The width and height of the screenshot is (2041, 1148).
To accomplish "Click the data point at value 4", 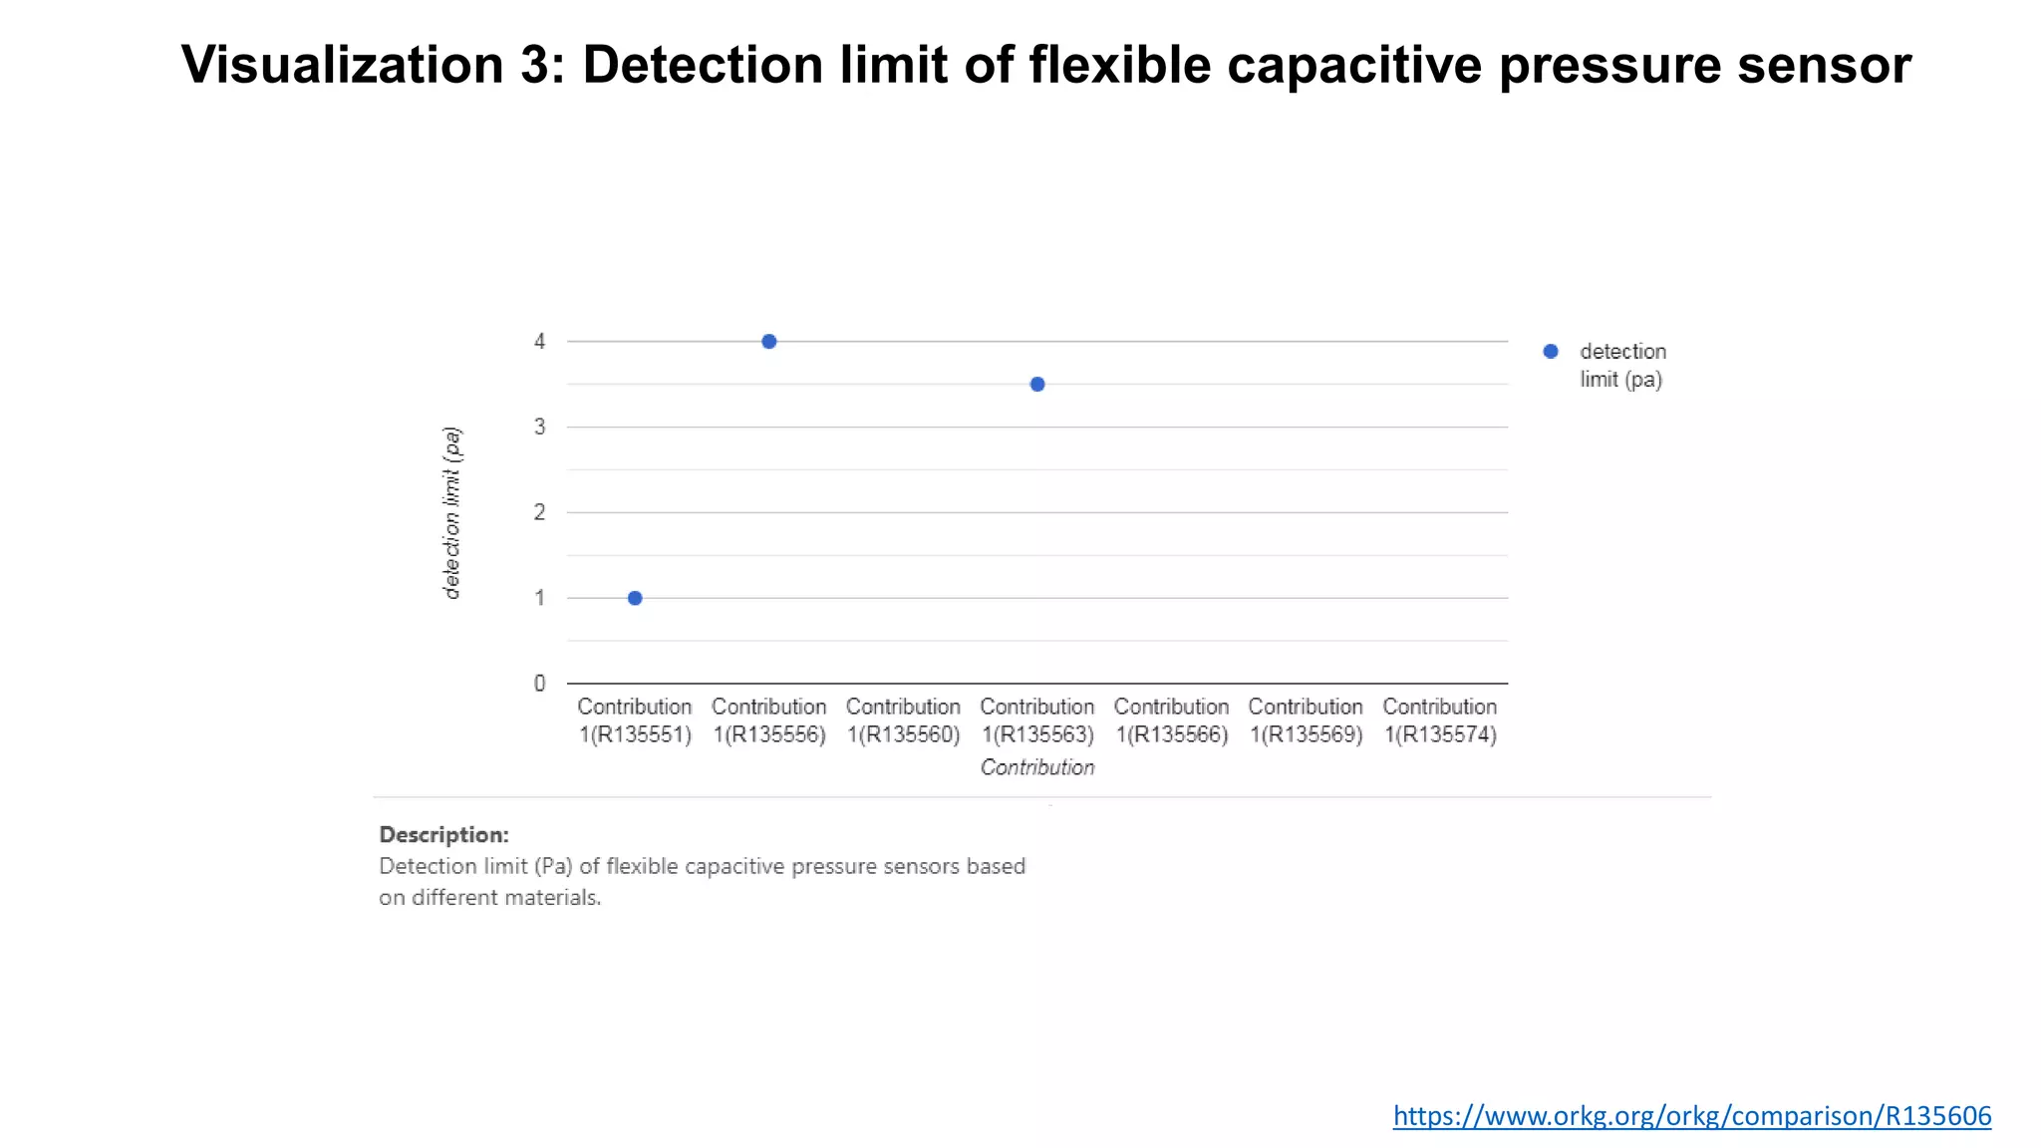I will [768, 342].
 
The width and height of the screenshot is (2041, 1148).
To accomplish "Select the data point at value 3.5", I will [1036, 385].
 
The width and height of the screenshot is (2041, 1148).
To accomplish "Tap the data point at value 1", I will [635, 598].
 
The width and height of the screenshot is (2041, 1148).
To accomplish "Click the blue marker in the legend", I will [1550, 352].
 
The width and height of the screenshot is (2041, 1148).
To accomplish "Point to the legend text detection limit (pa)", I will [1621, 366].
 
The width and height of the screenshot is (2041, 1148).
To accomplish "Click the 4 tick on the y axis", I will [539, 342].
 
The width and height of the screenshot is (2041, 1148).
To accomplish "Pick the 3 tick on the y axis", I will [539, 428].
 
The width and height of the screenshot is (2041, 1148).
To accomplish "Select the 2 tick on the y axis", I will [539, 512].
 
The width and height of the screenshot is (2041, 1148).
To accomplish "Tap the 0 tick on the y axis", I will [539, 684].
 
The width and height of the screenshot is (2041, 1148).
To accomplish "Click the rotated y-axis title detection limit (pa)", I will [451, 512].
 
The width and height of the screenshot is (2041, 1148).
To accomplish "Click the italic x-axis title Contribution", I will [1036, 767].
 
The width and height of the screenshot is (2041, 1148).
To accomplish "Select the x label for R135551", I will [635, 720].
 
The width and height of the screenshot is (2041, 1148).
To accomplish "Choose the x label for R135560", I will [903, 720].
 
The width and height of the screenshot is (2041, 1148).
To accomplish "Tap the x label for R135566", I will [1171, 720].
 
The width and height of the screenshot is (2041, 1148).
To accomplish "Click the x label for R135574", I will [1439, 720].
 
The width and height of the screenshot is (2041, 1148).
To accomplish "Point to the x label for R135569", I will [1306, 720].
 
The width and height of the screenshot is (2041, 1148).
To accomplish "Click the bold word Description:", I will [443, 835].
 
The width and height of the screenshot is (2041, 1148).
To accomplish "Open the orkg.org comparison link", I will [1691, 1115].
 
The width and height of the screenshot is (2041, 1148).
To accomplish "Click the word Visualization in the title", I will [342, 65].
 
